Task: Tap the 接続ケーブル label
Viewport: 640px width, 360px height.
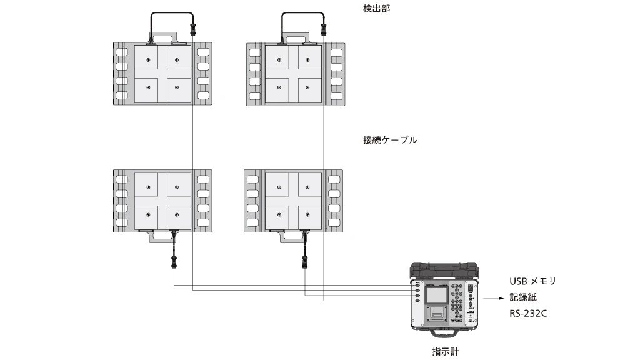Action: (x=390, y=140)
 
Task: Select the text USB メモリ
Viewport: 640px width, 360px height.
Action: (x=532, y=281)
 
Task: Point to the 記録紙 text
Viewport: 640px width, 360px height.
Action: (x=523, y=297)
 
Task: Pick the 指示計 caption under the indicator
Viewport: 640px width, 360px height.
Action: (x=446, y=352)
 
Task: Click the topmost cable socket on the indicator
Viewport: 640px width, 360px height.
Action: (x=416, y=284)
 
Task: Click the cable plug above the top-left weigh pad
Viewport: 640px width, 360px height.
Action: (x=192, y=28)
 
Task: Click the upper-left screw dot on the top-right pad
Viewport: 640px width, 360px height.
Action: (x=279, y=60)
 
